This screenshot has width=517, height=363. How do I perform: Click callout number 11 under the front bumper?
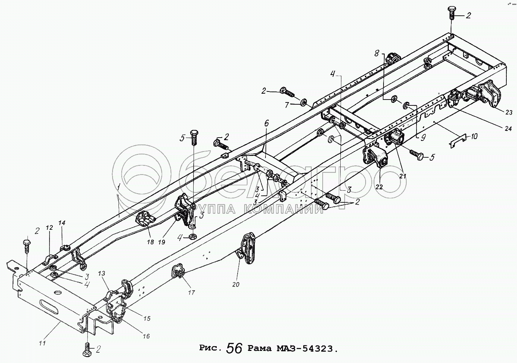click(x=43, y=343)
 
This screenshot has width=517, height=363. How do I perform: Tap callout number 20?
click(x=236, y=284)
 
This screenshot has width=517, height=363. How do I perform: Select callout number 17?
click(x=191, y=293)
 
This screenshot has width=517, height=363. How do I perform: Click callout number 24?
click(x=508, y=128)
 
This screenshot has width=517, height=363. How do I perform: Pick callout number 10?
click(x=474, y=136)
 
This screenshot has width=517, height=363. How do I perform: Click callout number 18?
click(x=150, y=242)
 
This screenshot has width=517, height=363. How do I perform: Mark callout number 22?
click(x=379, y=187)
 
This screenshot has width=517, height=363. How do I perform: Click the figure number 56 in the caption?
click(x=234, y=348)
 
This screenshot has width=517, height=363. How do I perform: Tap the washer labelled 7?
click(x=304, y=101)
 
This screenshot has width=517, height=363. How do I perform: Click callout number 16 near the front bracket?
click(x=146, y=336)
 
